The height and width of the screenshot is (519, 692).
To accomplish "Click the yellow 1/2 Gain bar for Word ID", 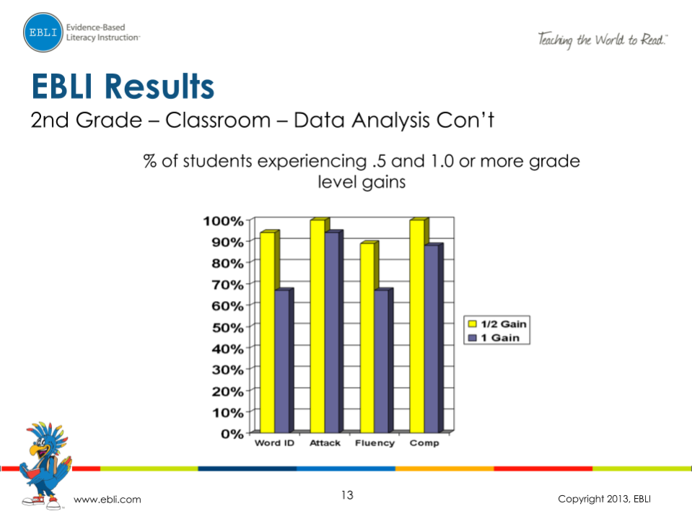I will [x=267, y=332].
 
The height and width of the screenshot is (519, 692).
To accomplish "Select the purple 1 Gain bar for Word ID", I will [x=282, y=361].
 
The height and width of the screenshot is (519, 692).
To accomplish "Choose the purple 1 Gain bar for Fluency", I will [x=382, y=361].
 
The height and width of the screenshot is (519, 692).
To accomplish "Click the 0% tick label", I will [x=233, y=434].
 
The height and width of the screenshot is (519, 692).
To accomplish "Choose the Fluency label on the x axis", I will [x=375, y=443].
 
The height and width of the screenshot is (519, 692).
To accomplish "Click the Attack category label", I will [x=325, y=443].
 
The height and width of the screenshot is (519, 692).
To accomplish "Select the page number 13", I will [x=347, y=495].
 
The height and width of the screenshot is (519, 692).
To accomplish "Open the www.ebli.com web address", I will [x=108, y=500].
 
